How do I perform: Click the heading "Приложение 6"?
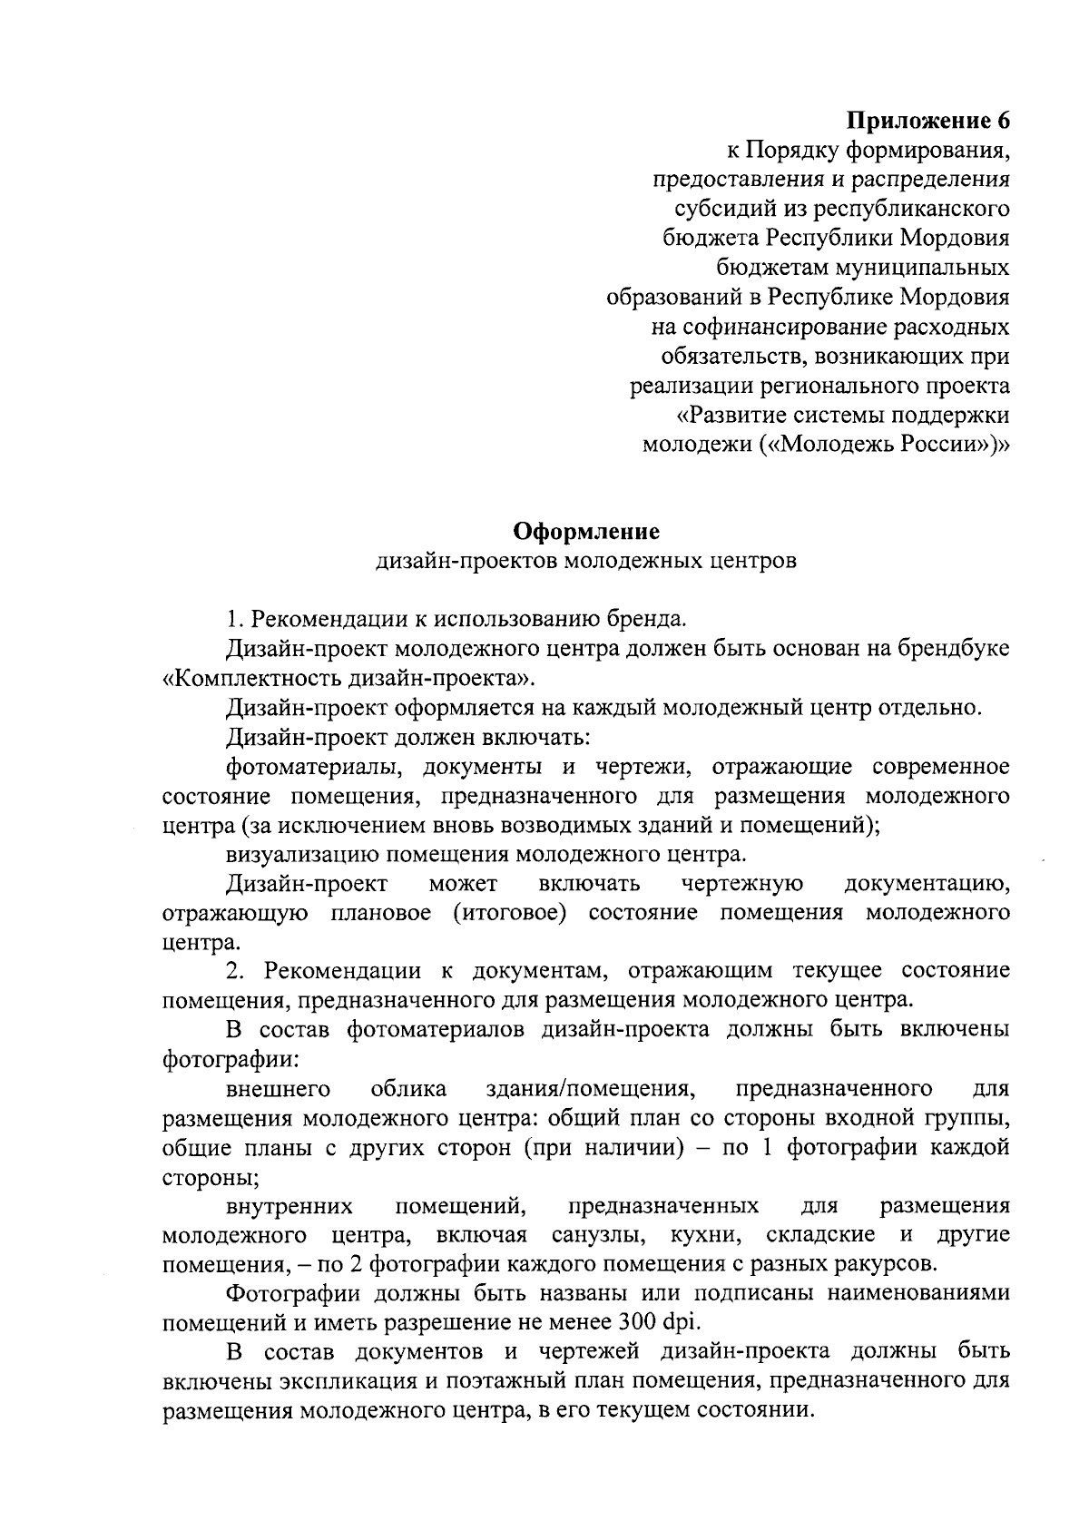pyautogui.click(x=927, y=121)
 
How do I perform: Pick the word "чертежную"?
pyautogui.click(x=741, y=884)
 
